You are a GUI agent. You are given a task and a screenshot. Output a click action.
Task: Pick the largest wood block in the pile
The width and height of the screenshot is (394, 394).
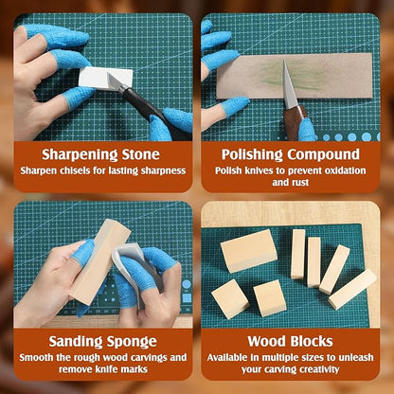click(x=248, y=251)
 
